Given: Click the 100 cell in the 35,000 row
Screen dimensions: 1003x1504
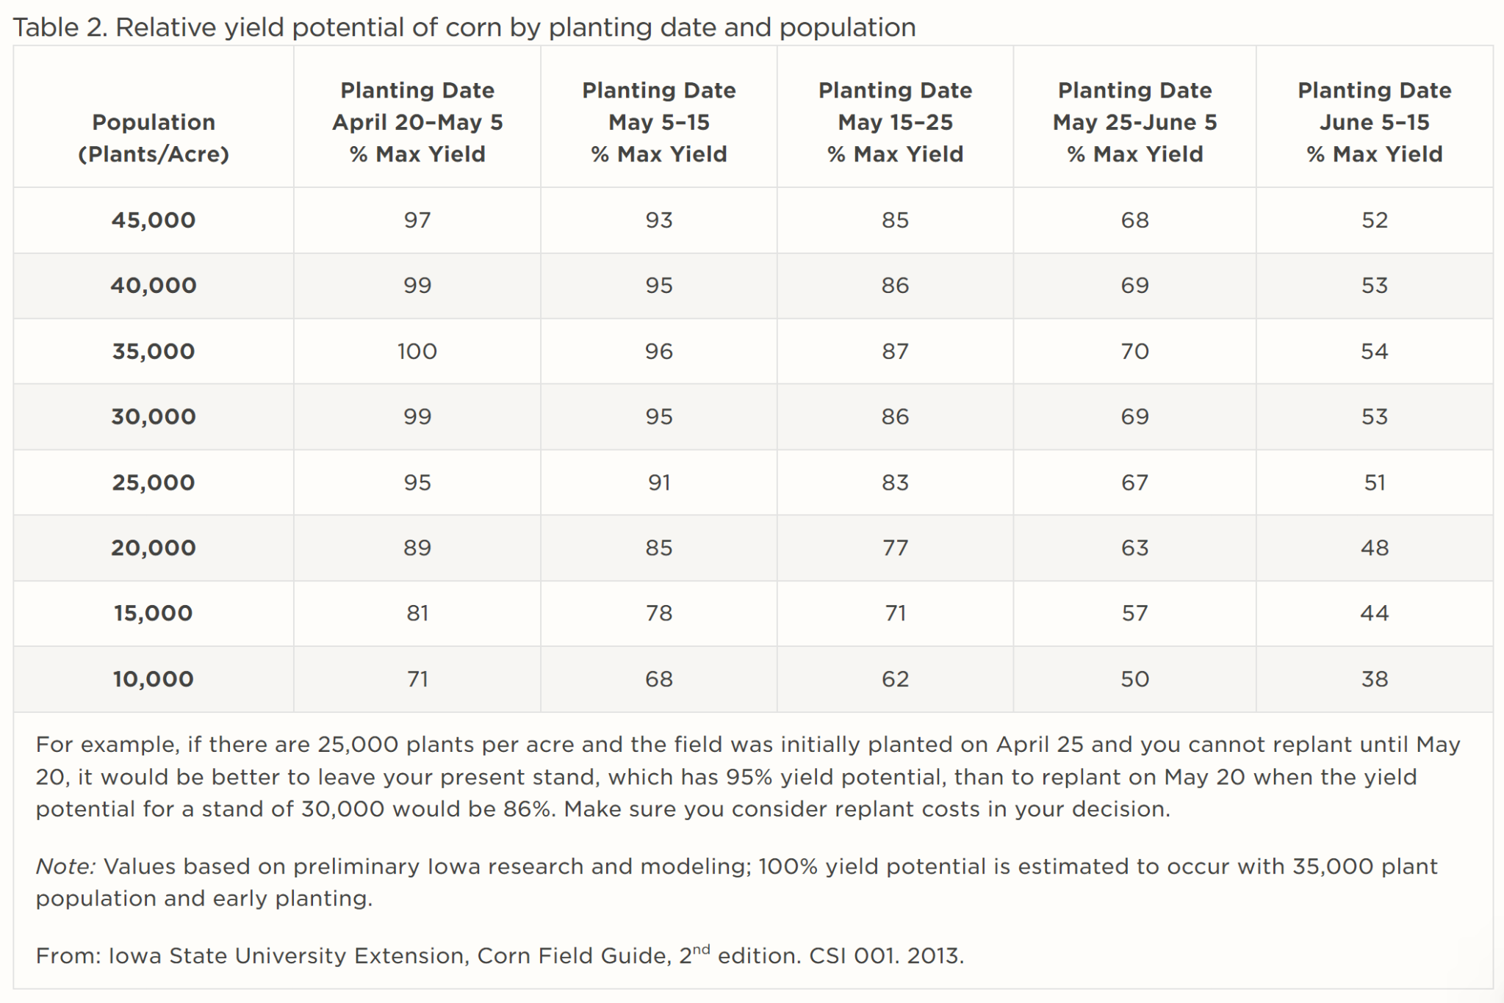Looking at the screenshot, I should [417, 351].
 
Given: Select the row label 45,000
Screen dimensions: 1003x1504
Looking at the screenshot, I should [154, 220].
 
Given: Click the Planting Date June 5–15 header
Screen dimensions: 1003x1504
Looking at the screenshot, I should [1374, 122].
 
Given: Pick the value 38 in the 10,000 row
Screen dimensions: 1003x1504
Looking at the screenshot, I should [1374, 678].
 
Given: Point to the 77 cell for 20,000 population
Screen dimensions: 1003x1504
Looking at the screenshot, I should [895, 548].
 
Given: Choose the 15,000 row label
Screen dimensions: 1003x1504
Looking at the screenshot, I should [154, 613].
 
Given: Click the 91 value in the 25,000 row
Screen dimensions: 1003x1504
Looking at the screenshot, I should [658, 482].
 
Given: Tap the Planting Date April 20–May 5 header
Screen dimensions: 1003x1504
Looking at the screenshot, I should [417, 122].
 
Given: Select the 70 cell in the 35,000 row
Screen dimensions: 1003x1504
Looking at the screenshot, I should [1134, 351].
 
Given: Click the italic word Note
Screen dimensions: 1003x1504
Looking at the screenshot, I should [65, 866].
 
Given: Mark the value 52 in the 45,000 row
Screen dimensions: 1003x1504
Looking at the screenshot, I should [1374, 220].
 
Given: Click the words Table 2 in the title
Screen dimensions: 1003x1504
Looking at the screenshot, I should [59, 27].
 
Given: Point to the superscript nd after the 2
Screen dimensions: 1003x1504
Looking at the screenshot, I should [701, 949].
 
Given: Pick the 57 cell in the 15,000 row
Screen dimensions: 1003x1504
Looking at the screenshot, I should [1134, 613].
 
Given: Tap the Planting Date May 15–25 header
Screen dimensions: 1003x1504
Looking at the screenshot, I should [895, 122].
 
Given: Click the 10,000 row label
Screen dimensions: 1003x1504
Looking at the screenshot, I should [154, 678].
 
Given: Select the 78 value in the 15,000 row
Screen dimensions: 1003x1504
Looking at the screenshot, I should [658, 613].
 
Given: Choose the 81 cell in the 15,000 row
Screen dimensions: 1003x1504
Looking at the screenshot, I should [417, 613].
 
